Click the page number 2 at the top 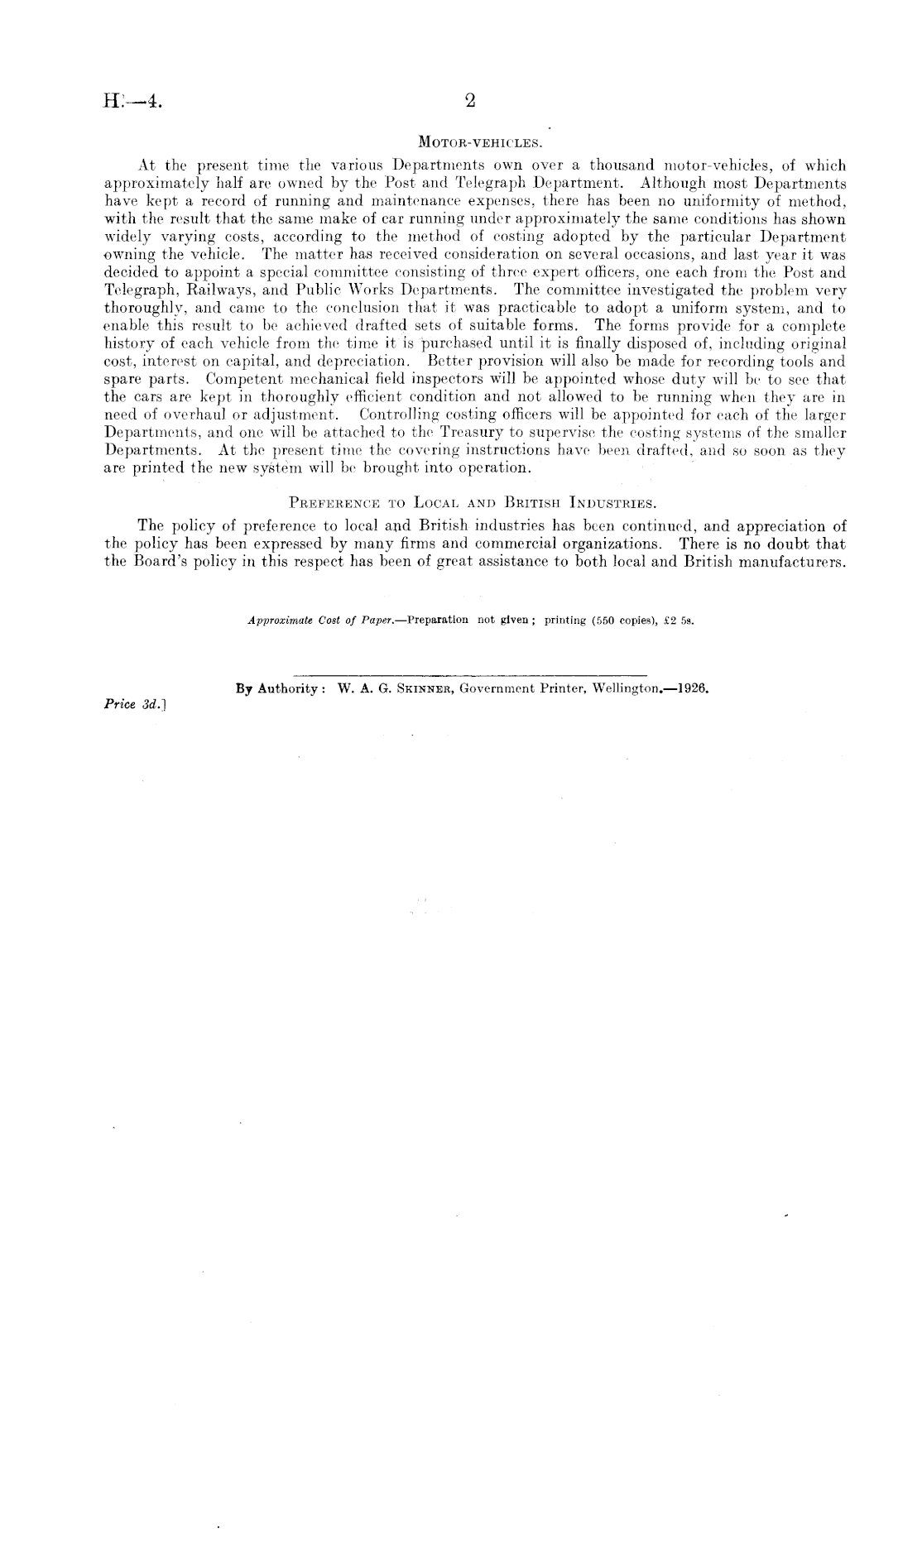[470, 101]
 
